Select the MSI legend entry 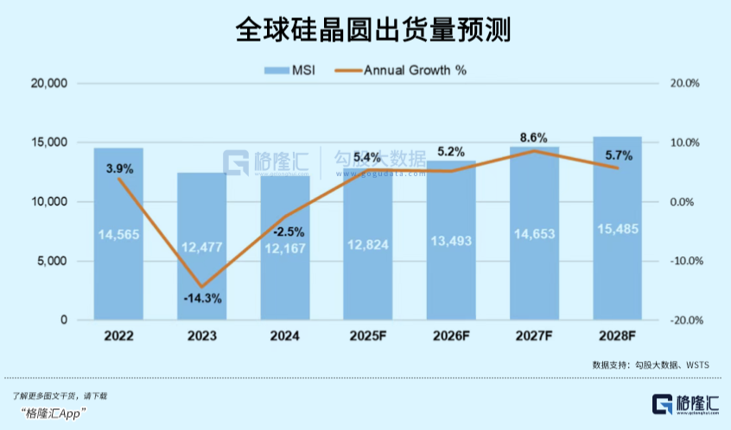click(x=289, y=70)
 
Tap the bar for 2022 click(x=118, y=259)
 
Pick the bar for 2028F click(x=617, y=259)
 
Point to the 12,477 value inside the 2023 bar click(x=201, y=247)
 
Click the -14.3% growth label click(x=202, y=299)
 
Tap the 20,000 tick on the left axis click(x=48, y=84)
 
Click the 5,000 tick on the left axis click(x=51, y=261)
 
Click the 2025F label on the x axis click(x=368, y=337)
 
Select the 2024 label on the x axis click(x=285, y=337)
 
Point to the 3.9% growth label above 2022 click(x=119, y=169)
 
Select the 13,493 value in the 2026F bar click(x=451, y=240)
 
